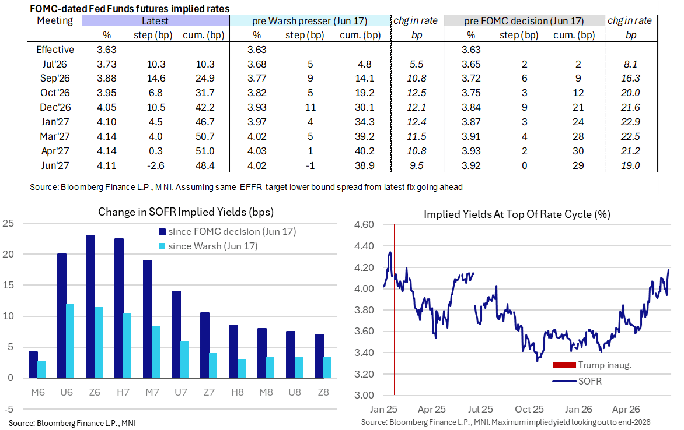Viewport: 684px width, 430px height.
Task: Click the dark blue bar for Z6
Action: [90, 306]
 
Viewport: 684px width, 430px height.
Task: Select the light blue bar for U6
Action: [70, 341]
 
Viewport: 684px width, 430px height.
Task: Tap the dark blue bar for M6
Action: [33, 365]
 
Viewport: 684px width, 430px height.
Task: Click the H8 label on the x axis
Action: [238, 392]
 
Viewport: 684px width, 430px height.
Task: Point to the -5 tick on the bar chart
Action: [8, 409]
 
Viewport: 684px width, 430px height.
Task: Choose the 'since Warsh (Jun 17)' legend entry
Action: [208, 246]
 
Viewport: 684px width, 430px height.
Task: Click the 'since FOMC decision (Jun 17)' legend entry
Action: [227, 232]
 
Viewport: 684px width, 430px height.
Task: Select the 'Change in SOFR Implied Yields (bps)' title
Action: [186, 212]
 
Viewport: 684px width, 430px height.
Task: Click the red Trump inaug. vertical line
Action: [395, 310]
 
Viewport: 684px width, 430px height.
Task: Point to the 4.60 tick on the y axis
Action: [364, 225]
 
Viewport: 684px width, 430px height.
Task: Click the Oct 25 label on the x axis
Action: [529, 410]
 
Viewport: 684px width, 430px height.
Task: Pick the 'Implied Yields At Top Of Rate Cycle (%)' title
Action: [517, 214]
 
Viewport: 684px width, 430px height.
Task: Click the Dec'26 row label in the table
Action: [55, 108]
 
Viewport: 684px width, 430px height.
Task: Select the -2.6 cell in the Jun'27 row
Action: [156, 165]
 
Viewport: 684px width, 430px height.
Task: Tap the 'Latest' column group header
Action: [155, 21]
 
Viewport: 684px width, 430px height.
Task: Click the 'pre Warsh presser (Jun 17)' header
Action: [310, 21]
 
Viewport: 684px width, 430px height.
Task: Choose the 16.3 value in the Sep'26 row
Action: [630, 79]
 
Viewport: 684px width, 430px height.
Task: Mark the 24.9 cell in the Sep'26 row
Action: [205, 79]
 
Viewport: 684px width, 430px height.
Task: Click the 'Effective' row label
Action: [55, 50]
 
